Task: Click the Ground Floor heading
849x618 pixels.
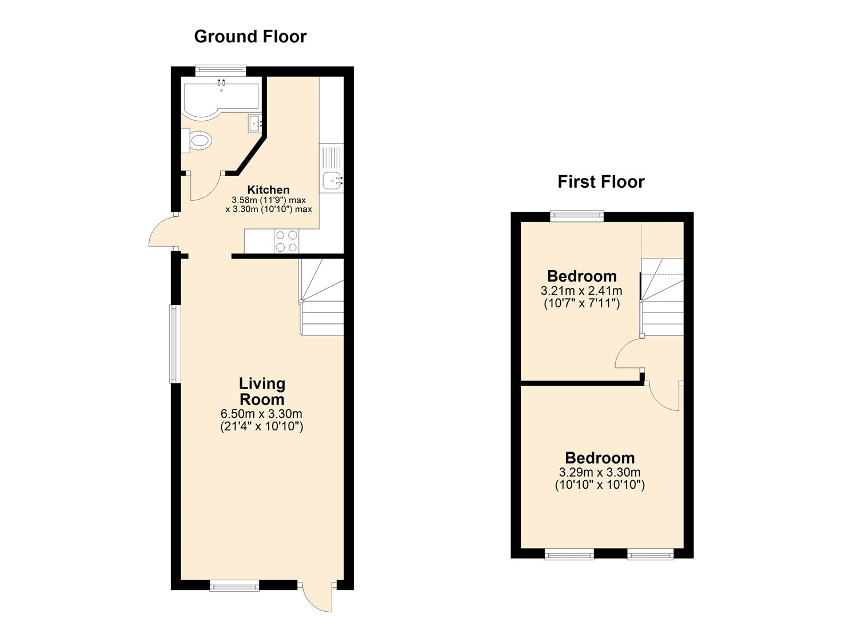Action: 250,37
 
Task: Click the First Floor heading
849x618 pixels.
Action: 601,182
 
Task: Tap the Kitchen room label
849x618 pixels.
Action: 268,189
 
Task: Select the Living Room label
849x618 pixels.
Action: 262,391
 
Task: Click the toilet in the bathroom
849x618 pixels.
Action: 196,141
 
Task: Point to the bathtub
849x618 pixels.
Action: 221,100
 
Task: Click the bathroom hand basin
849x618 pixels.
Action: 255,123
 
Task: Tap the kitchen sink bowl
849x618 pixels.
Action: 333,180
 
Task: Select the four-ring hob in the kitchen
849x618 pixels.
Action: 286,241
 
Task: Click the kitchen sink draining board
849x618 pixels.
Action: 331,156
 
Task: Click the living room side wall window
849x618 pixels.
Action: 173,344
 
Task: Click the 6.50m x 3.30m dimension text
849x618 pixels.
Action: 261,414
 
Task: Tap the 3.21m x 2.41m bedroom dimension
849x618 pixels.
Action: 581,291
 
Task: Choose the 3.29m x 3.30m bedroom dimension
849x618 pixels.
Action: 600,472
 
